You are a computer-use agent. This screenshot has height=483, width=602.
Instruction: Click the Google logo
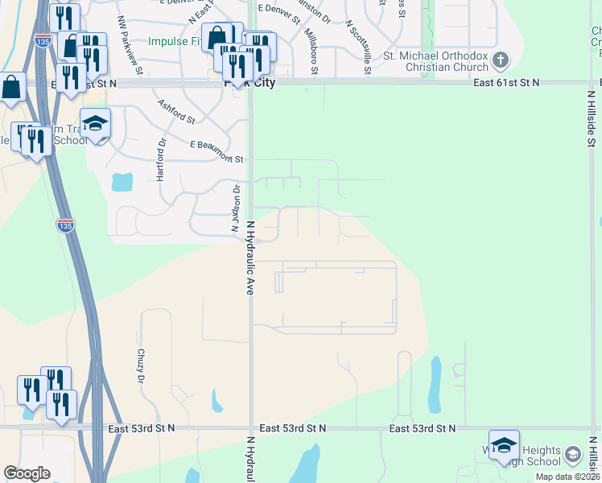click(x=27, y=473)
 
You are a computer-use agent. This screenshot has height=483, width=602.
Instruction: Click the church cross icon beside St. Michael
click(x=501, y=60)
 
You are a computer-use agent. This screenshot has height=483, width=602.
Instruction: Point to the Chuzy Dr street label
click(x=140, y=365)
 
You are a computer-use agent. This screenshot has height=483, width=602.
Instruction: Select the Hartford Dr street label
click(x=161, y=159)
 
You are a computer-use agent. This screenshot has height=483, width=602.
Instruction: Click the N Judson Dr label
click(x=236, y=209)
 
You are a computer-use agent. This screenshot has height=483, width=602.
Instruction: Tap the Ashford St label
click(x=176, y=112)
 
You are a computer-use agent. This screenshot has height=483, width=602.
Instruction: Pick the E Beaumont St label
click(x=216, y=151)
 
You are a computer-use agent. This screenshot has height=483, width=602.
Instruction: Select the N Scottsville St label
click(x=357, y=47)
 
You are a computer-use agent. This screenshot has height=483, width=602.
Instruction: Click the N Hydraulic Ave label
click(x=250, y=258)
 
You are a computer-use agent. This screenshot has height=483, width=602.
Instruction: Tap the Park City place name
click(x=253, y=83)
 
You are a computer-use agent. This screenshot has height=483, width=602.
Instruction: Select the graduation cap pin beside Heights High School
click(x=504, y=445)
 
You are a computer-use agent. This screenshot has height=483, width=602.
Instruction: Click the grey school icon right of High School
click(x=572, y=455)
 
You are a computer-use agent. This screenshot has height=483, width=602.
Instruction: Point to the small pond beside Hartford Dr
click(x=122, y=182)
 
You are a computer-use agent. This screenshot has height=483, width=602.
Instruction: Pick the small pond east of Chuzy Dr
click(x=216, y=398)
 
